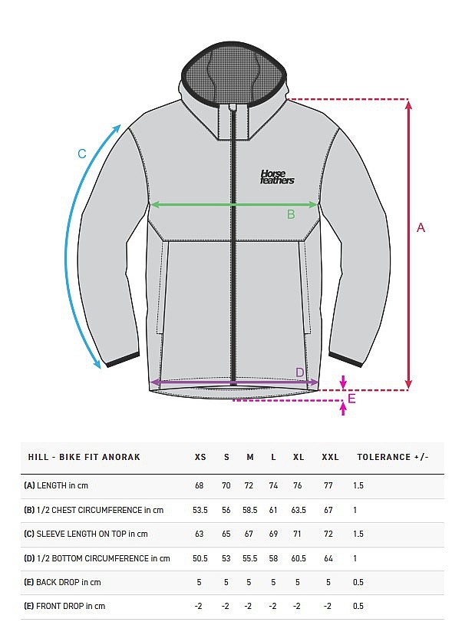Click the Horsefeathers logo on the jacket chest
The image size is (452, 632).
277,177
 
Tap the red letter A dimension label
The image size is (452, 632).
421,228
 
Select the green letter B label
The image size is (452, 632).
291,214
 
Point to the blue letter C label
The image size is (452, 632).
82,154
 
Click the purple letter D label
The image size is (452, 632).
300,372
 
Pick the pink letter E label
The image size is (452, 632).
351,399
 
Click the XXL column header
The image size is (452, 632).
330,457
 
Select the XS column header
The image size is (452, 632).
200,457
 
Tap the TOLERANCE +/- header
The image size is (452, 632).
392,457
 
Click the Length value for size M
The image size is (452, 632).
249,485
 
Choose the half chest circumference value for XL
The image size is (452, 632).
299,510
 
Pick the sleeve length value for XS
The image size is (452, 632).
199,534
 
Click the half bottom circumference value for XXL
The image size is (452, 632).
328,558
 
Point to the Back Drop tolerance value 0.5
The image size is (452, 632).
358,582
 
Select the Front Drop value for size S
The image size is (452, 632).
226,606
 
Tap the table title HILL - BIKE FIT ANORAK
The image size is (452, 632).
84,457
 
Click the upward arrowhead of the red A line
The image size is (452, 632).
408,104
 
